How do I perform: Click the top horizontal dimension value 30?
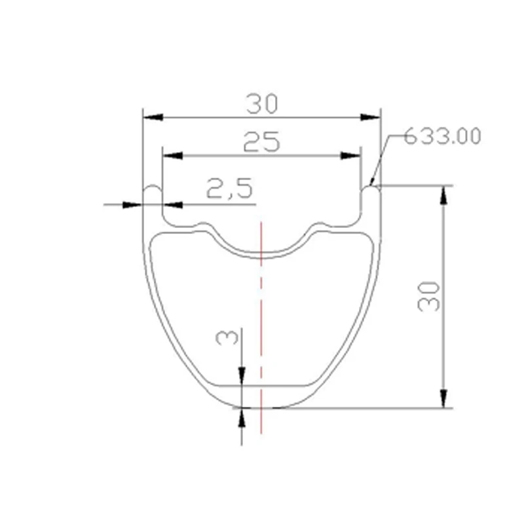[x=262, y=103]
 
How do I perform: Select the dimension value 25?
[x=261, y=142]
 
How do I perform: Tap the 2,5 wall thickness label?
[x=230, y=188]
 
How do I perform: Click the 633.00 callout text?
[x=442, y=136]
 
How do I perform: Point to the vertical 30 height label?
[x=429, y=297]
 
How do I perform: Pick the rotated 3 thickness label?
[x=227, y=337]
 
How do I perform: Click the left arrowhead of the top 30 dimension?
[x=153, y=117]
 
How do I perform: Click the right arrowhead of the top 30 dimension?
[x=370, y=117]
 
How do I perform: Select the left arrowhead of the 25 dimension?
[x=172, y=156]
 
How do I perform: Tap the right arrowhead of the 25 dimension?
[x=350, y=156]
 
